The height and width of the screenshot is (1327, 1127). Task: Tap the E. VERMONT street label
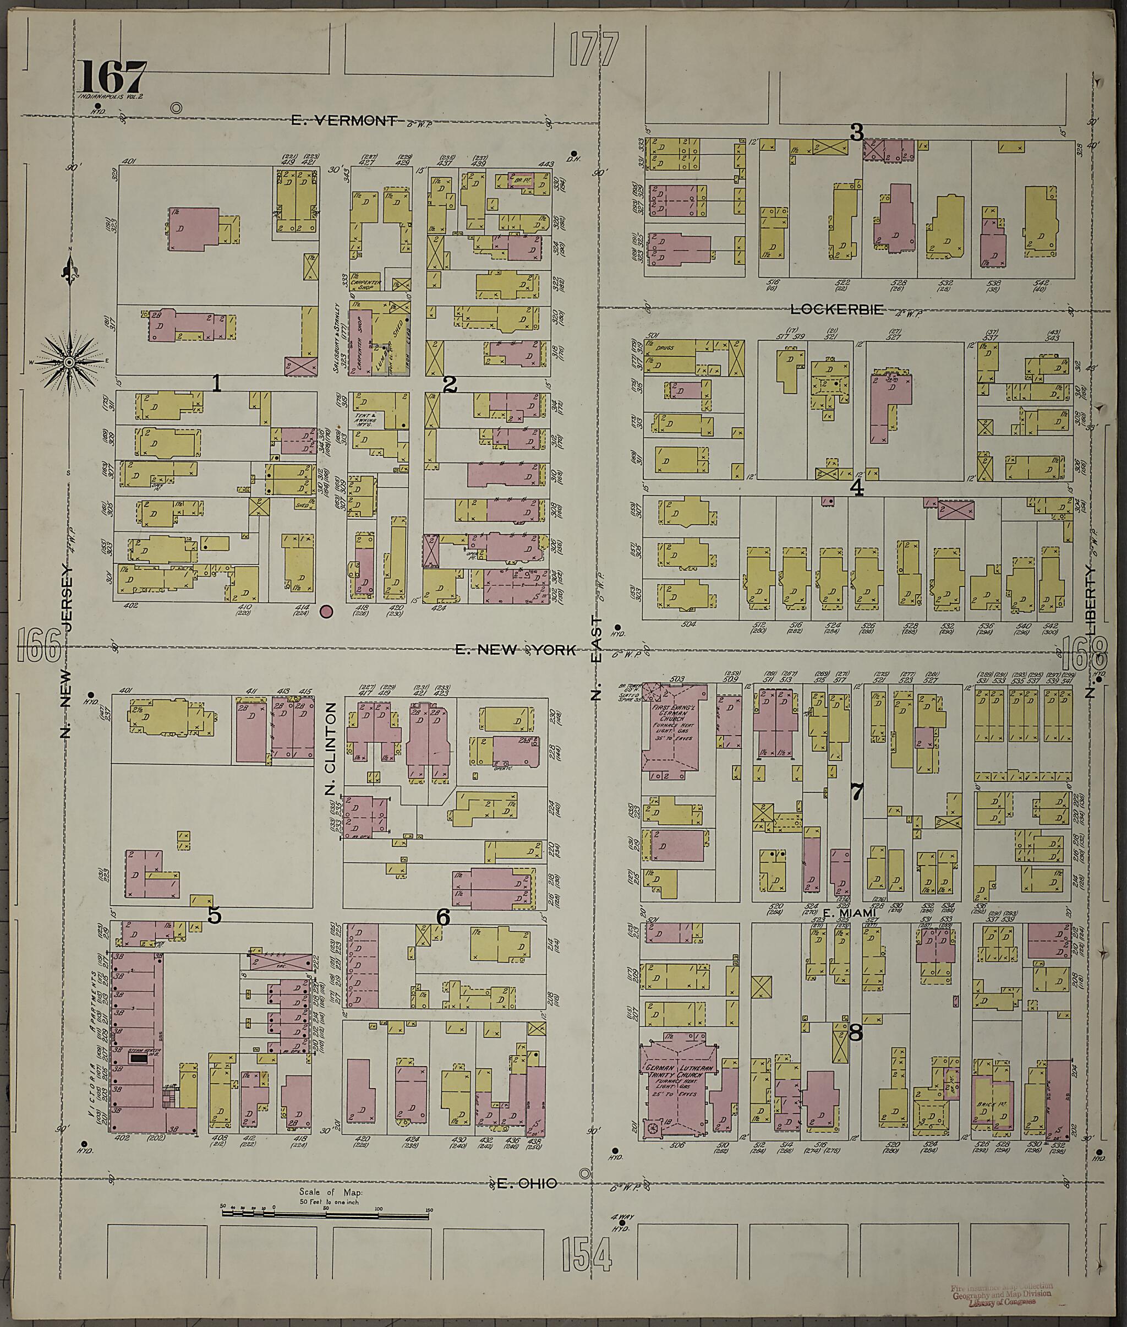(344, 120)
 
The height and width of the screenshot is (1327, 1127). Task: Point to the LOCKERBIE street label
(837, 309)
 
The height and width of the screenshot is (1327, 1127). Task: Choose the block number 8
(856, 1032)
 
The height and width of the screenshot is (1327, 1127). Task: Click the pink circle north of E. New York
(326, 612)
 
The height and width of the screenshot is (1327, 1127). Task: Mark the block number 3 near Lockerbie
(856, 133)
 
